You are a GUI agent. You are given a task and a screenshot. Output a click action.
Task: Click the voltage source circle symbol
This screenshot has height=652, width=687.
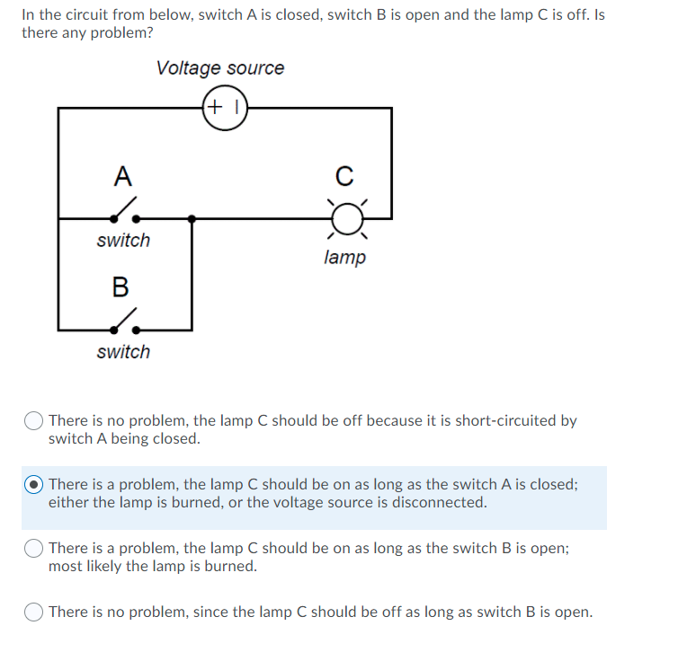[225, 108]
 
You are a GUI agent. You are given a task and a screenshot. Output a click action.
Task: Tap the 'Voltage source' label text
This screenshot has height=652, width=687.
[219, 68]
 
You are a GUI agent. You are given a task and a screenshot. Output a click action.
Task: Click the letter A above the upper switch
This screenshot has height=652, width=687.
[122, 176]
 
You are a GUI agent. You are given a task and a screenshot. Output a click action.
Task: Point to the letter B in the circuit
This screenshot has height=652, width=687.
[120, 287]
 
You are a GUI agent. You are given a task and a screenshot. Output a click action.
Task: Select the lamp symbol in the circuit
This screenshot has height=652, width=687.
[346, 217]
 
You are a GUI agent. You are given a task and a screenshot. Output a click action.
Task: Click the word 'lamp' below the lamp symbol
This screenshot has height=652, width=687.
[344, 258]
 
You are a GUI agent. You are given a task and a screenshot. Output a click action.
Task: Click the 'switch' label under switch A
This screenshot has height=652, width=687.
[123, 241]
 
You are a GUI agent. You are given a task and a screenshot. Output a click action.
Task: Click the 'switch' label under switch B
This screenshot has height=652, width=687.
[123, 352]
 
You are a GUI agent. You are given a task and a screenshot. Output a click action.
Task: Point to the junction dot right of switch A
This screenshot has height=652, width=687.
[192, 218]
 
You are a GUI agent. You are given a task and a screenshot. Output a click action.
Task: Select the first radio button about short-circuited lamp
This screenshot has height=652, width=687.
[35, 420]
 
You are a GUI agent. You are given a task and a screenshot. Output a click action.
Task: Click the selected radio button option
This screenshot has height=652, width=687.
[35, 484]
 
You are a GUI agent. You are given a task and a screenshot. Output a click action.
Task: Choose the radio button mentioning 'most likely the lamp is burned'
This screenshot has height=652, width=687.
[35, 548]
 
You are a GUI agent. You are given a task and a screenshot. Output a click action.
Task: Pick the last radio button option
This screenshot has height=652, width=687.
[35, 612]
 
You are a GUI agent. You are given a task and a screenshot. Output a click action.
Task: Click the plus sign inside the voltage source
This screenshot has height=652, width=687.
[216, 108]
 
